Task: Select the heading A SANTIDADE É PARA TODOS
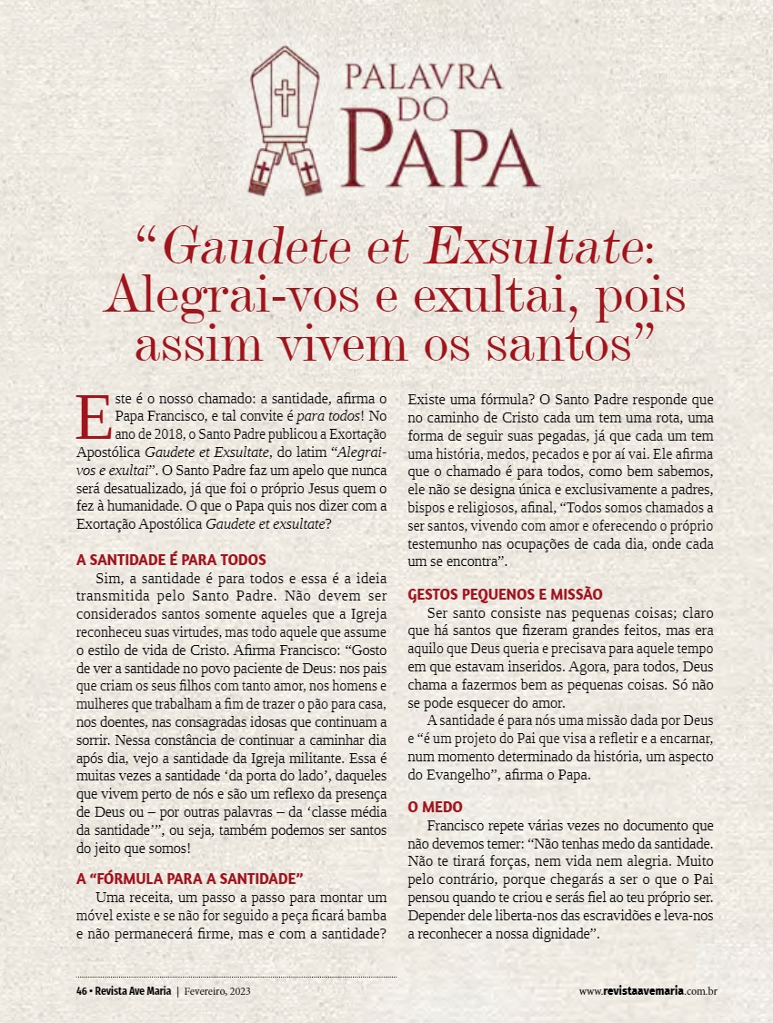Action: pos(172,560)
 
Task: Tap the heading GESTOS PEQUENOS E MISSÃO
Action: pos(505,594)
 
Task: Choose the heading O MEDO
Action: pos(436,806)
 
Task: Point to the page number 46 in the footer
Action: pos(81,990)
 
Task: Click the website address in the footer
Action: pos(648,990)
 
